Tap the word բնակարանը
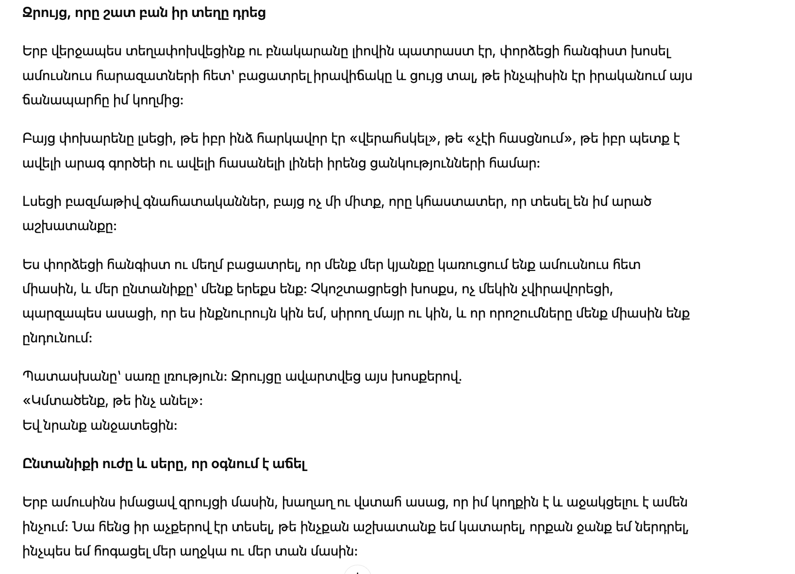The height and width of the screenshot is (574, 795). point(304,51)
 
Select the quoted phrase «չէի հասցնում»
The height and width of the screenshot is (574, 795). point(520,139)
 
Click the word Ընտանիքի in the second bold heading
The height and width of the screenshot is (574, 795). point(59,464)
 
